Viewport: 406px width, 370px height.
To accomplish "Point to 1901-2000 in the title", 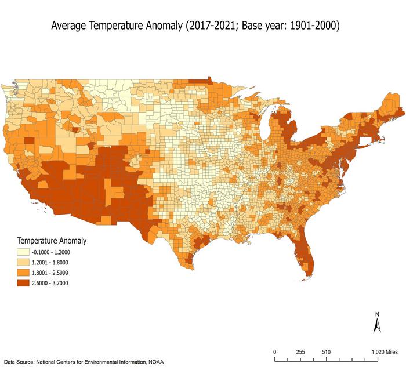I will (317, 26).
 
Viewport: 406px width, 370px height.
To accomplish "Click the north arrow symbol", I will (378, 325).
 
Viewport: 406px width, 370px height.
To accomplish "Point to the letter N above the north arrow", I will (378, 314).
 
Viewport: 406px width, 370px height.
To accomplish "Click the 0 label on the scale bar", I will (274, 351).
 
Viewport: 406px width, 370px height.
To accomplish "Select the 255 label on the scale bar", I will (300, 351).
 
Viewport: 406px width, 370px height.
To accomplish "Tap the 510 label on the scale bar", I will (327, 351).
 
